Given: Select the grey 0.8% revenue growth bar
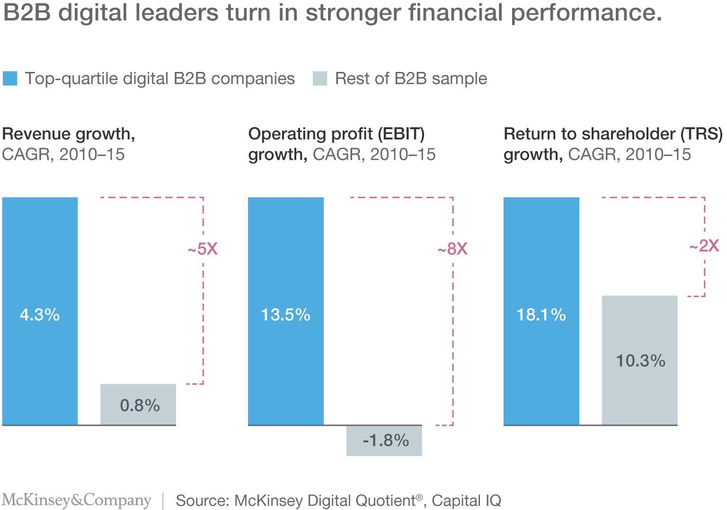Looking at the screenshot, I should [x=138, y=404].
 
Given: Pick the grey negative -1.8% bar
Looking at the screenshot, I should [x=384, y=440].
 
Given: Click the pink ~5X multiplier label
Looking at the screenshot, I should [x=203, y=249].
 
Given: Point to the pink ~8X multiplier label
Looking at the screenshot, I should [x=453, y=249].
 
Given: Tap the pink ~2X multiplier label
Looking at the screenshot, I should [x=704, y=246].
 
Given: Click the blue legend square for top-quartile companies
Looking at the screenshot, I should [x=10, y=78].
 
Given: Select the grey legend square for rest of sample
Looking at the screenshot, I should [x=320, y=78].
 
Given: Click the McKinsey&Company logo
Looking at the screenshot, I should [x=76, y=500].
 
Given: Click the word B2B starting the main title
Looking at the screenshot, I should [x=27, y=13].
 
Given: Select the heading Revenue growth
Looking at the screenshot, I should [x=69, y=134].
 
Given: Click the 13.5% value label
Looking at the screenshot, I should [x=286, y=315].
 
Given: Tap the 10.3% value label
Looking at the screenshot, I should [x=640, y=361].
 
